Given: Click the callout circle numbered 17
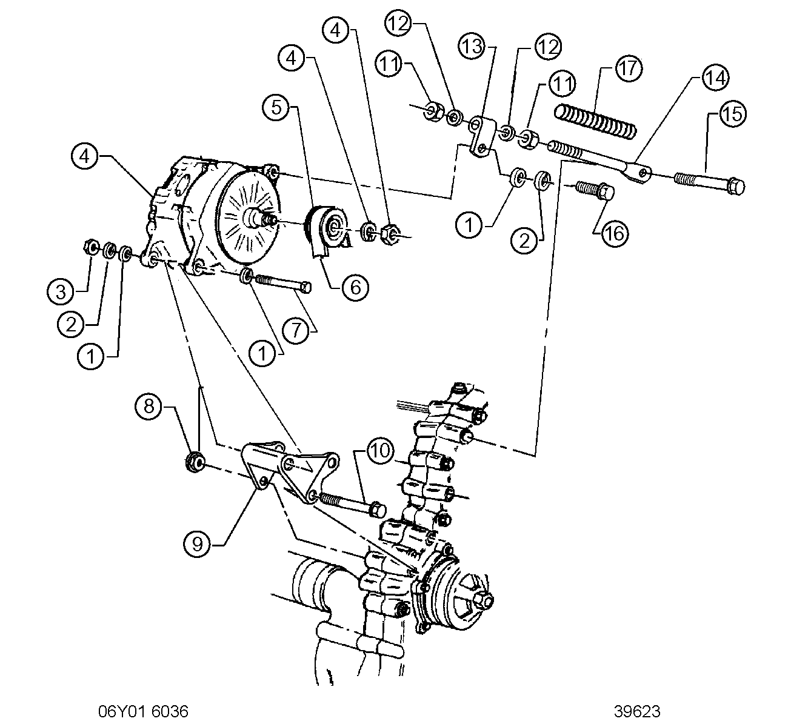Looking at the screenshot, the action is (628, 68).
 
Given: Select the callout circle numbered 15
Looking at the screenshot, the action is (732, 115).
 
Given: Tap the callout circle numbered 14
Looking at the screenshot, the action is (716, 78).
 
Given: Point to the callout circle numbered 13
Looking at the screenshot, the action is (472, 47).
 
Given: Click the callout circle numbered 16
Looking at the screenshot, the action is (615, 234).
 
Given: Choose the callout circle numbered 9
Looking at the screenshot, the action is (197, 544).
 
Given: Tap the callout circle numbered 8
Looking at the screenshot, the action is (149, 406).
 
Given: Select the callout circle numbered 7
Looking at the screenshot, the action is (296, 330).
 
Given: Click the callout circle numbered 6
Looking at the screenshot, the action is (355, 287).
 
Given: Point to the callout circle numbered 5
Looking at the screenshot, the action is (276, 107).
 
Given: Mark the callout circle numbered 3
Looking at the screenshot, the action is (61, 292).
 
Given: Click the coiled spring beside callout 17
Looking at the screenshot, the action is (595, 122).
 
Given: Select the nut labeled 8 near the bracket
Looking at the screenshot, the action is (195, 462).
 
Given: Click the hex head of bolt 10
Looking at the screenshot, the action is (378, 510).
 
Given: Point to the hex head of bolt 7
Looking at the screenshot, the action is (306, 287).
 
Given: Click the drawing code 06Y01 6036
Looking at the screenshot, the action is (143, 712).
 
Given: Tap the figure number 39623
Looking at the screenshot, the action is (637, 712).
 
